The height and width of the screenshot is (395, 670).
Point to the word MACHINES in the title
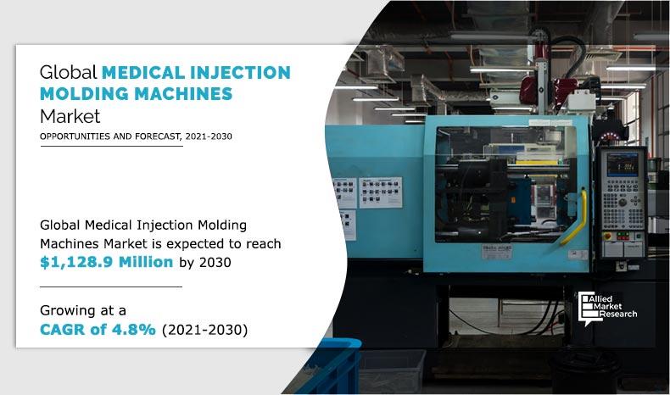[x=187, y=94]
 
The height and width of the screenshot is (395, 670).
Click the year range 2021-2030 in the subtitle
[x=203, y=136]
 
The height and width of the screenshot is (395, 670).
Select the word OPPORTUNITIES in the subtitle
[x=73, y=136]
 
